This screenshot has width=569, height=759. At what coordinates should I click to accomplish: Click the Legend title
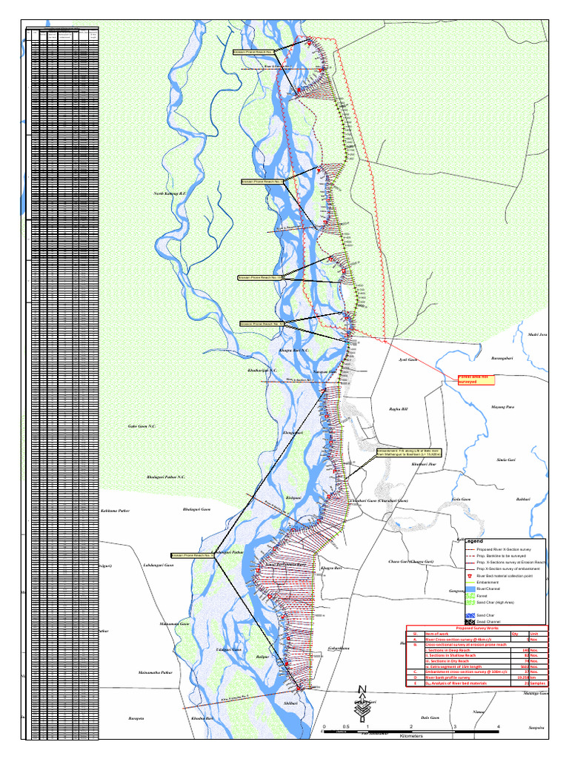(473, 542)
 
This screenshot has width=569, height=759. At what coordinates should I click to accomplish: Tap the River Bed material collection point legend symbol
(470, 574)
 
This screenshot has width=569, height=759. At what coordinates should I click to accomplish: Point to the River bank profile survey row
(453, 677)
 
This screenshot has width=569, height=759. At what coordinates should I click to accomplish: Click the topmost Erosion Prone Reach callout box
(253, 52)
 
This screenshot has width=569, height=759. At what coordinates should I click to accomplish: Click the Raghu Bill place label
(399, 408)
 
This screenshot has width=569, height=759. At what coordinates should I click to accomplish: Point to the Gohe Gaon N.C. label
(142, 426)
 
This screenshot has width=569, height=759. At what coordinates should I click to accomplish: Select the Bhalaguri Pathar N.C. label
(166, 477)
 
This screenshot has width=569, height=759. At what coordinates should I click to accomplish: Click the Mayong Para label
(502, 407)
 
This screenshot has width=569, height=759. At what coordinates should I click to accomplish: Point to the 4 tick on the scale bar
(498, 726)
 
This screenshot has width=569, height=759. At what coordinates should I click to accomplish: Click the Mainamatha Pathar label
(156, 672)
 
